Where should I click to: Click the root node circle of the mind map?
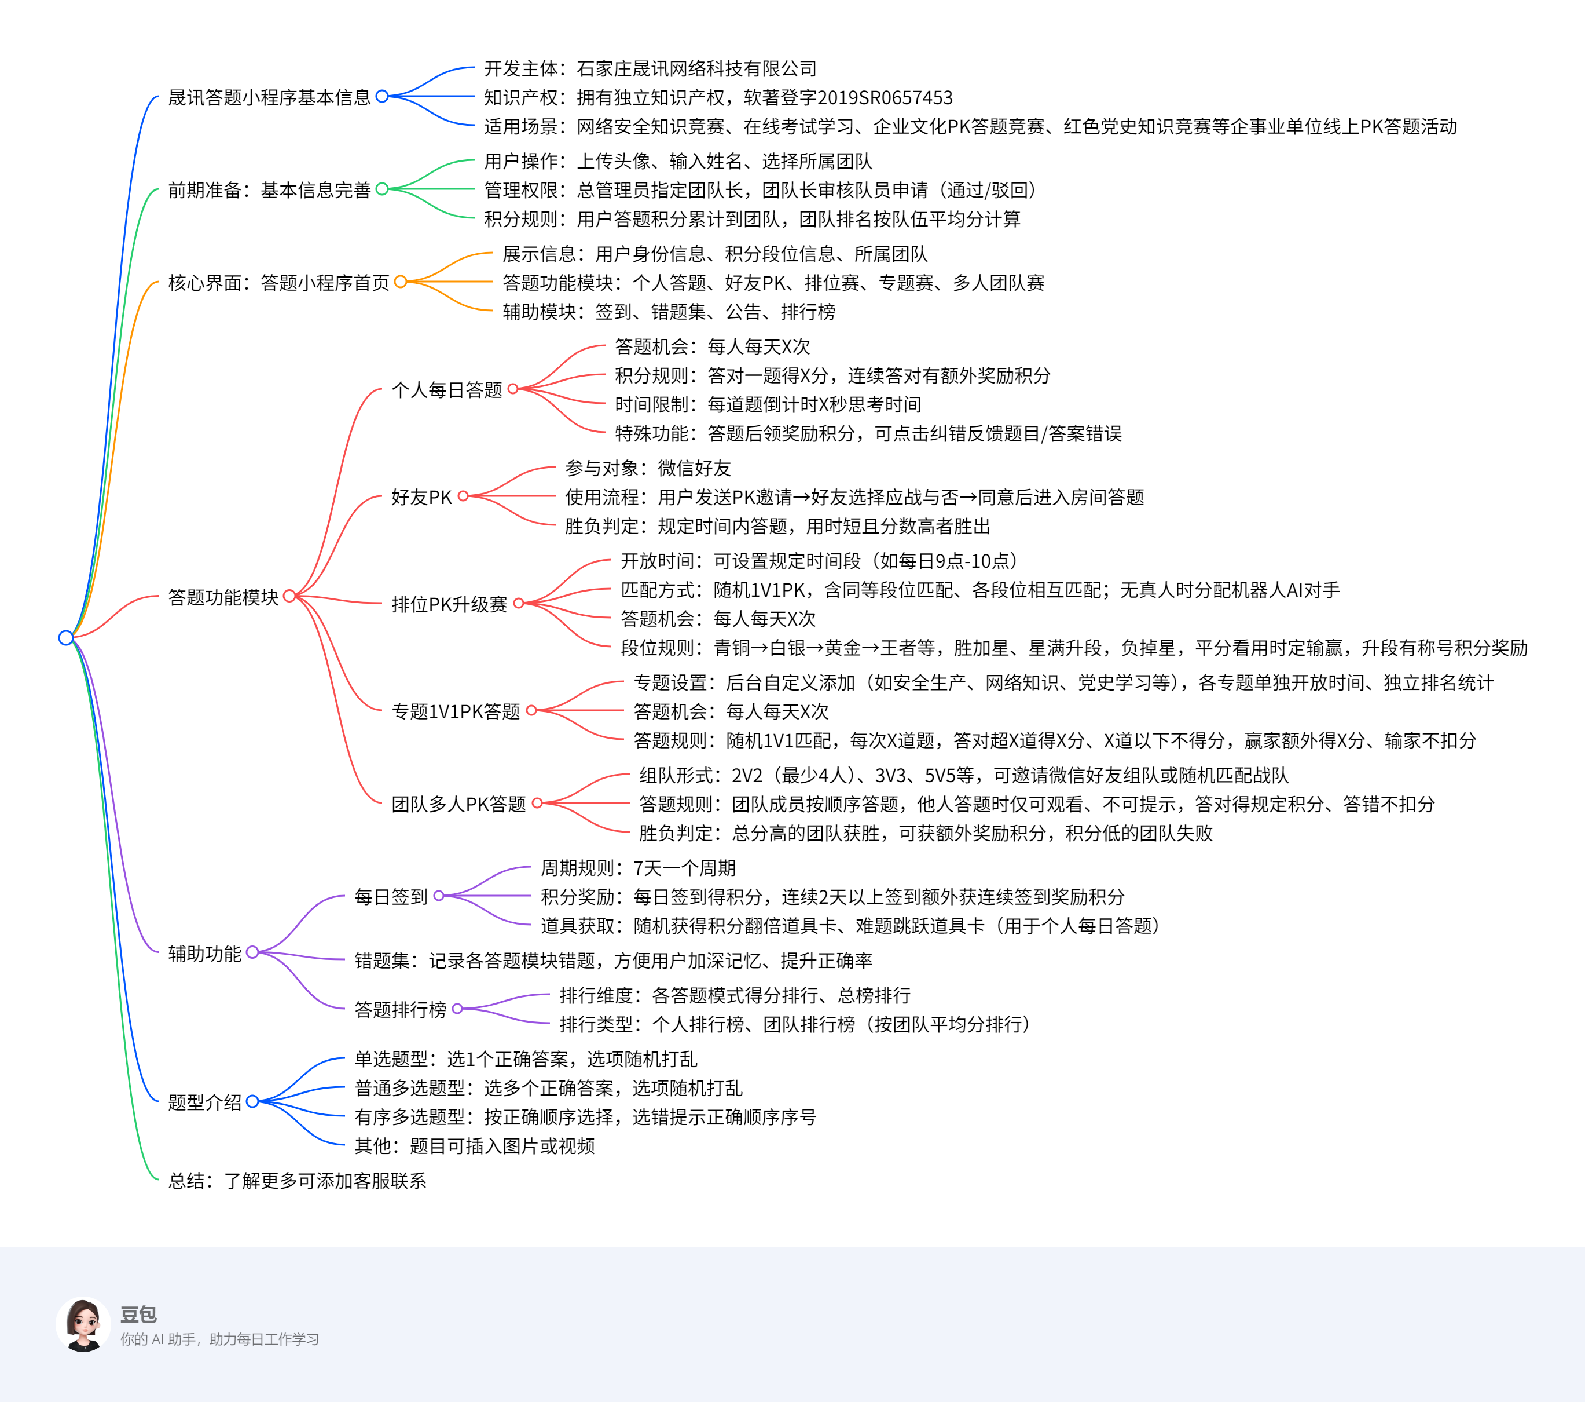click(66, 638)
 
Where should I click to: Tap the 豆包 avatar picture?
click(83, 1325)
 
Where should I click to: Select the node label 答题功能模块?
click(223, 597)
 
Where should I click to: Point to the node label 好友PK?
click(421, 496)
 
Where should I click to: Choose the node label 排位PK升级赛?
click(449, 604)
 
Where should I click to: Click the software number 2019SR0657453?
click(885, 98)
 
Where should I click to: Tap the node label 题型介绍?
click(205, 1102)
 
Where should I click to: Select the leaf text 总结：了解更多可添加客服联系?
click(297, 1180)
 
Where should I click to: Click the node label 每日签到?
click(391, 896)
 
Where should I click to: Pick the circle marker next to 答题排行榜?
click(457, 1009)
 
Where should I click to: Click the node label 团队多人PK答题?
click(458, 804)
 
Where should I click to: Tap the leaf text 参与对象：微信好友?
click(648, 468)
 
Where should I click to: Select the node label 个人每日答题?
click(447, 389)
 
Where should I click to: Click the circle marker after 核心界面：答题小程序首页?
click(400, 282)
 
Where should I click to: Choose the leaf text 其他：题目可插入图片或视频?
click(475, 1145)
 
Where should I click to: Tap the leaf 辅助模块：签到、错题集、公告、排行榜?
click(669, 311)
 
